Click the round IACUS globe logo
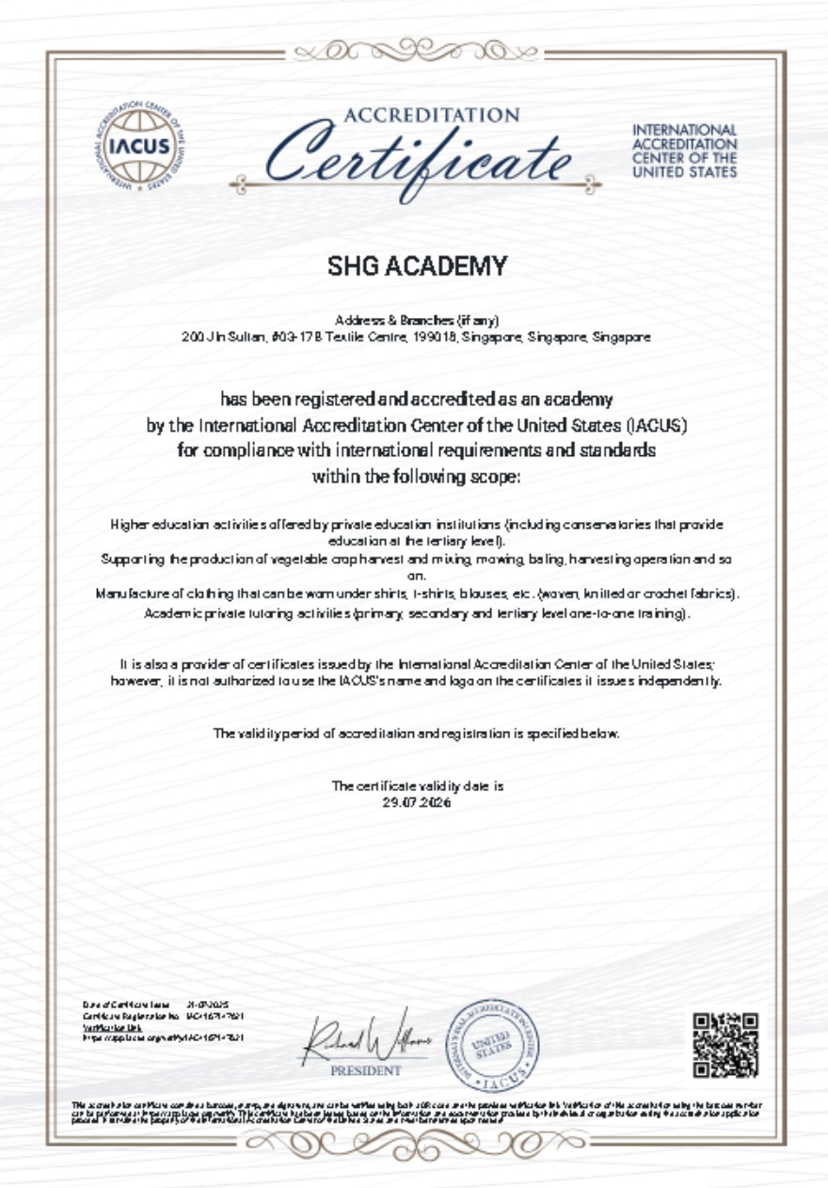pos(140,146)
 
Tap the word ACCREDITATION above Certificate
pos(432,116)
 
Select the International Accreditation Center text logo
pos(684,150)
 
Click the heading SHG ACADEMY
pos(417,267)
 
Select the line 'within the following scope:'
pos(416,476)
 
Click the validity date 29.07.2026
pos(417,802)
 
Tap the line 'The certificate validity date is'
pos(417,785)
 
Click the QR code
pos(725,1045)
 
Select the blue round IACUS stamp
pos(492,1042)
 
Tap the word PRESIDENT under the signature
pos(365,1070)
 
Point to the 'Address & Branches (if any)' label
pos(410,321)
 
